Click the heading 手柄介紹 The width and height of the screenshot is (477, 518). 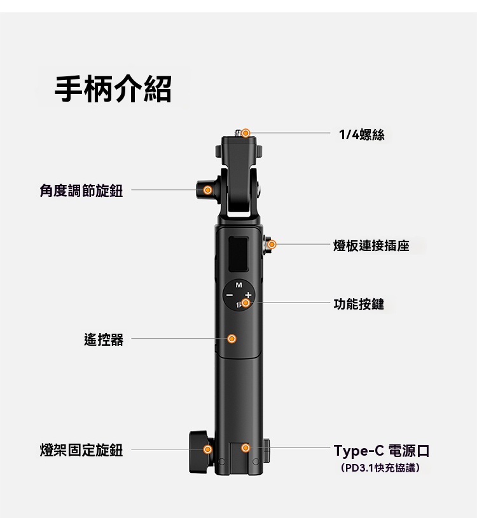tap(113, 88)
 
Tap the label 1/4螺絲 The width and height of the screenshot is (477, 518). tap(362, 135)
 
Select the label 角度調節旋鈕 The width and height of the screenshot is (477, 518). tap(81, 191)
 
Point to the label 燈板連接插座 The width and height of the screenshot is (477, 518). tap(371, 245)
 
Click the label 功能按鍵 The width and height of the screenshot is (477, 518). tap(359, 304)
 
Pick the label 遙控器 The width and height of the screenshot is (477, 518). tap(104, 339)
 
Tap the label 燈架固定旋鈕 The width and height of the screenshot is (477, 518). tap(81, 450)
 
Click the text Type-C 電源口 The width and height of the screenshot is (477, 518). tap(382, 451)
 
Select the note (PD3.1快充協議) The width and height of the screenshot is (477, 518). tap(380, 468)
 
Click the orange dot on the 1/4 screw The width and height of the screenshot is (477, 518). tap(245, 133)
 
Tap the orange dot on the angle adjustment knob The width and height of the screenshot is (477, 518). tap(207, 190)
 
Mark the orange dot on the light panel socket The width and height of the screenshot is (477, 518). tap(272, 245)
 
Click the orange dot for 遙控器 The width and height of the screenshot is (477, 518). tap(232, 339)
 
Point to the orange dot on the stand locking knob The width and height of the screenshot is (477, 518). tap(207, 449)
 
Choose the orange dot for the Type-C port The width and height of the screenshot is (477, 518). tap(245, 448)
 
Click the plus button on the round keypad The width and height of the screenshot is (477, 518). tap(248, 295)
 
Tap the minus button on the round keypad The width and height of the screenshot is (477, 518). tap(229, 295)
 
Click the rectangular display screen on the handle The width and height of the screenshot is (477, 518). tap(238, 254)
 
